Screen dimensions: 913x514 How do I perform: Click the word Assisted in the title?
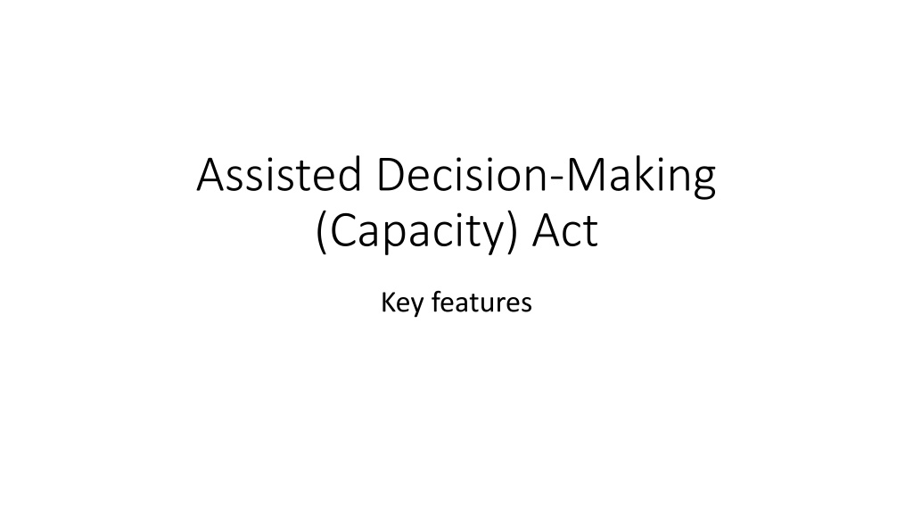click(x=279, y=174)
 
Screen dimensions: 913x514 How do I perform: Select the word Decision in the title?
click(x=463, y=174)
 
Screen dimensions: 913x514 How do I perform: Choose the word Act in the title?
click(x=564, y=231)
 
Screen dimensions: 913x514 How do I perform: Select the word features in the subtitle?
click(x=482, y=303)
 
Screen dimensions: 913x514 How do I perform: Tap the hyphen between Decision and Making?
click(x=557, y=178)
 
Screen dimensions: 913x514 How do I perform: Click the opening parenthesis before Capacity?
click(x=320, y=233)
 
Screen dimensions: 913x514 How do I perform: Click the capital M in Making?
click(x=585, y=174)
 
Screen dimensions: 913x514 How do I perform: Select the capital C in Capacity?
click(x=345, y=231)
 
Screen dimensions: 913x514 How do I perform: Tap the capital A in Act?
click(x=547, y=231)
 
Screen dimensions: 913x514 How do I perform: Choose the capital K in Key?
click(x=388, y=303)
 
